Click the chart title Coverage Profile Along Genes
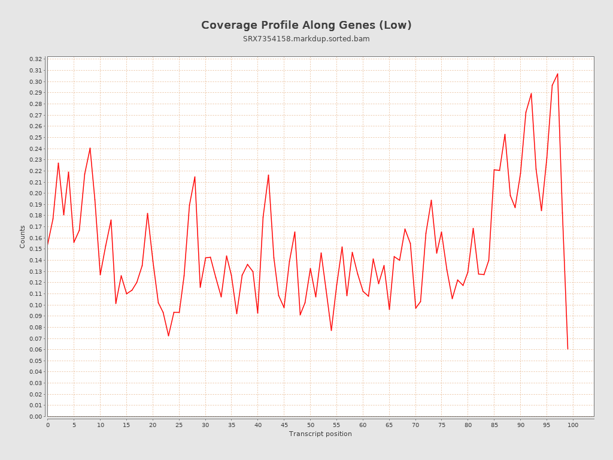306,25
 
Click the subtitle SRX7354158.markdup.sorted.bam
306,39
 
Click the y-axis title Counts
23,237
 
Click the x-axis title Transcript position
320,434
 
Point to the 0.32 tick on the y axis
36,59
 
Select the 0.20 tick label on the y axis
36,193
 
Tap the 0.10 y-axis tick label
36,305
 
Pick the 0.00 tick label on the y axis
36,416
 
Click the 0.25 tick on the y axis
36,138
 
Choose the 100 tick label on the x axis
573,425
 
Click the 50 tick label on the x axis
310,425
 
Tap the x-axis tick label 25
179,425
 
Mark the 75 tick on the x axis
442,425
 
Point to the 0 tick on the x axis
48,425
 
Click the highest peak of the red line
557,74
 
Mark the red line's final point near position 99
568,349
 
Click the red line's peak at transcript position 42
268,175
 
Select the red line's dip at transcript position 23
168,335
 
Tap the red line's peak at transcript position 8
90,148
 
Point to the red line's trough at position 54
331,330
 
